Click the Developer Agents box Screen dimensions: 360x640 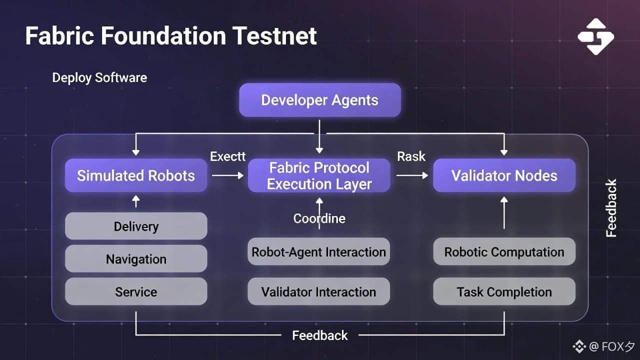coord(319,100)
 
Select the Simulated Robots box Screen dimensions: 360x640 coord(136,175)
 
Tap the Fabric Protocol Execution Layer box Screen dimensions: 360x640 coord(319,175)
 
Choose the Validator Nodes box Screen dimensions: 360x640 coord(504,175)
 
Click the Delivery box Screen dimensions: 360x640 coord(136,226)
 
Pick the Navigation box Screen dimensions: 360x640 coord(136,259)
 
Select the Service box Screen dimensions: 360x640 coord(136,291)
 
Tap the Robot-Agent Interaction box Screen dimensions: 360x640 coord(318,251)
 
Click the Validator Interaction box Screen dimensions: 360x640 coord(318,291)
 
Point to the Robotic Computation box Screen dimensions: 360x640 coord(504,251)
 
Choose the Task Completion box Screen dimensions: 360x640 coord(504,291)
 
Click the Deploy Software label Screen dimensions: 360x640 coord(99,77)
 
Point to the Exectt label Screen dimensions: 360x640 coord(227,156)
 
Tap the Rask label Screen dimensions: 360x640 coord(411,156)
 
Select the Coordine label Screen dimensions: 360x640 coord(319,218)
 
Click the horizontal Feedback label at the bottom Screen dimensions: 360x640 coord(319,335)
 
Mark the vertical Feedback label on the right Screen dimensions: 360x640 coord(611,208)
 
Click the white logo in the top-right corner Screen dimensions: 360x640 coord(595,36)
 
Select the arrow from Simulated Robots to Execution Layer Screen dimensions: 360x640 coord(227,175)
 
